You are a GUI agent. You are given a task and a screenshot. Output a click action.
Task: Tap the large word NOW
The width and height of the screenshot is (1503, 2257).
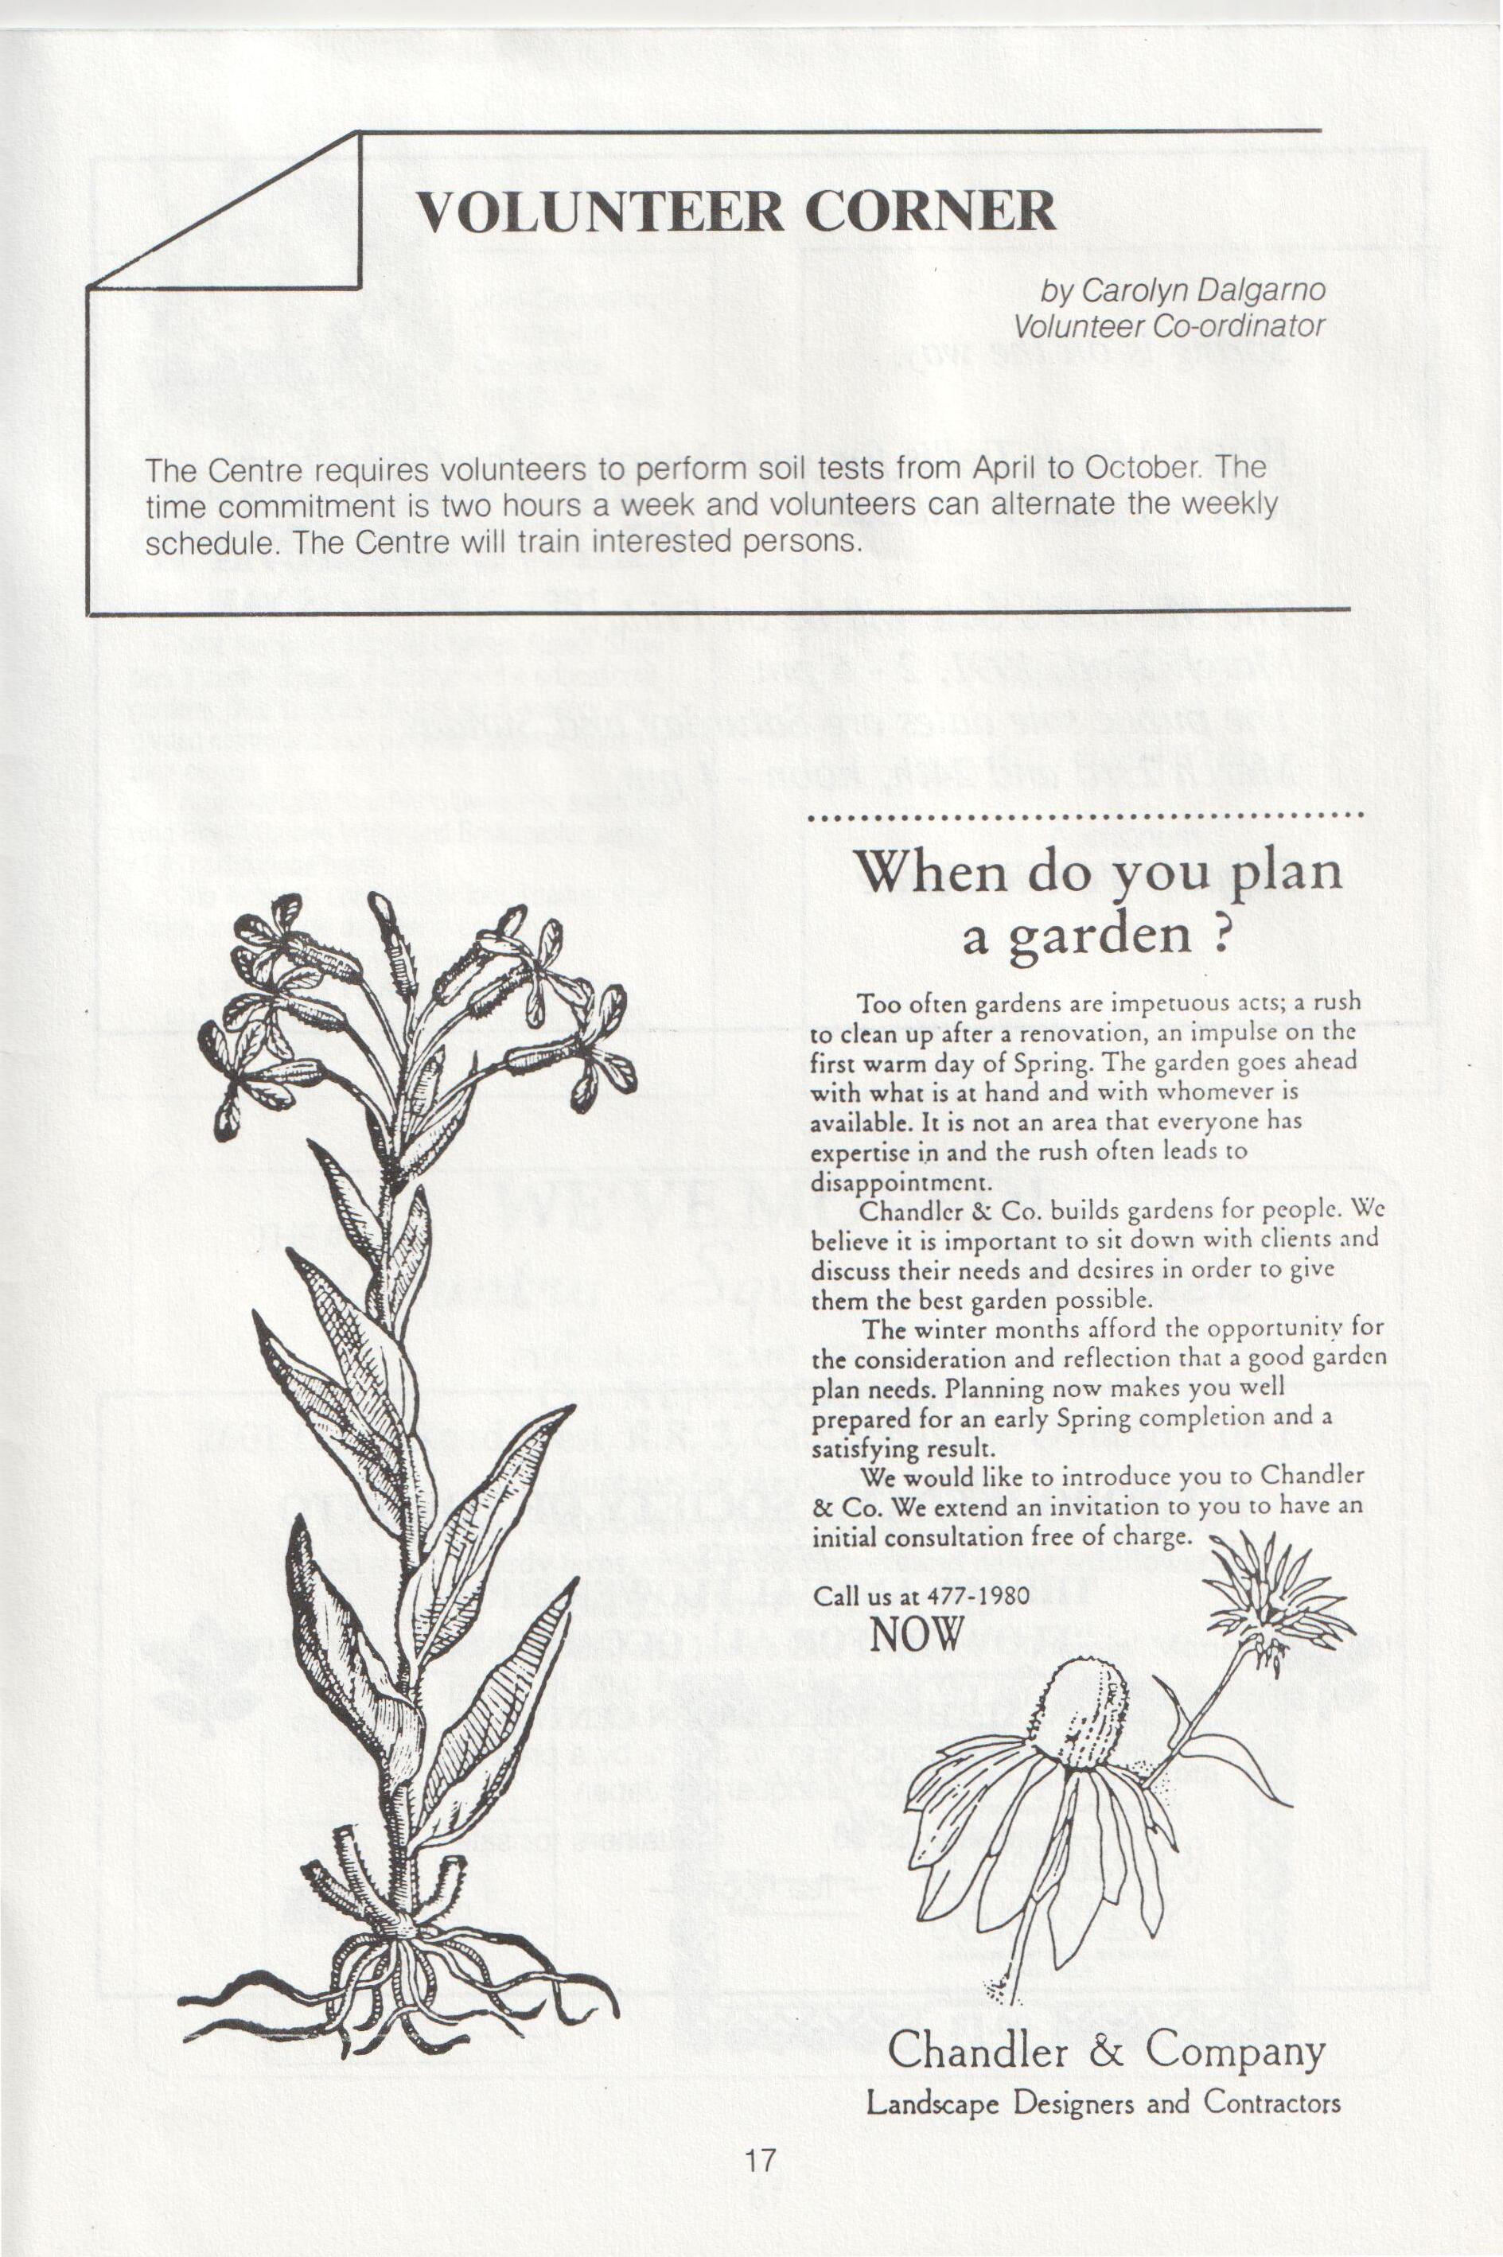(x=917, y=1633)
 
